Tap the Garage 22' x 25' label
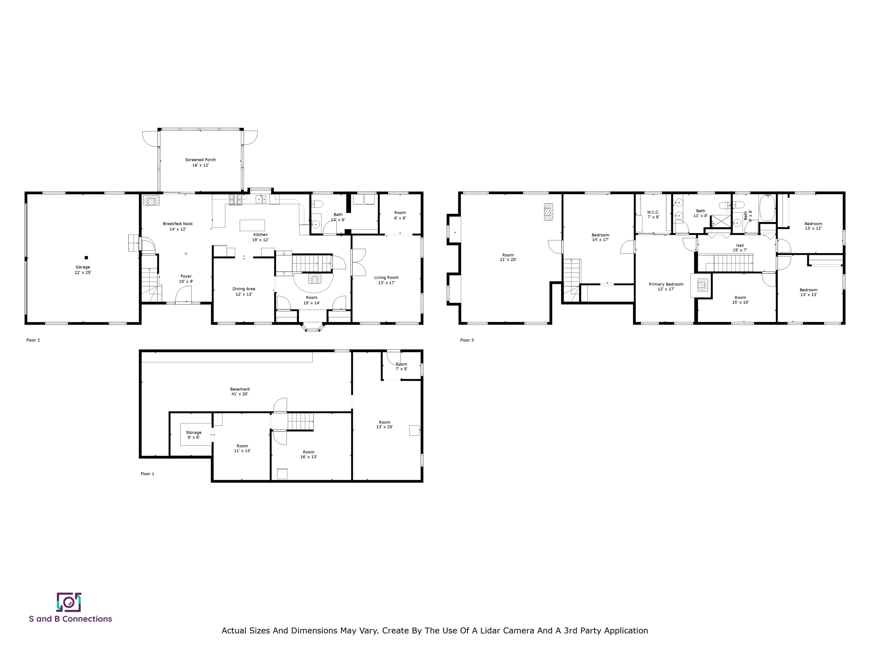tap(83, 270)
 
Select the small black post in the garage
tap(87, 258)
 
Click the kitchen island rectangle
tap(252, 225)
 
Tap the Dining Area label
tap(244, 291)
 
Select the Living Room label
tap(386, 280)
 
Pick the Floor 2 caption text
tap(33, 340)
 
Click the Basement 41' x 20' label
tap(240, 391)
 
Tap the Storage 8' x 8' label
tap(193, 434)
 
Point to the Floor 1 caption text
tap(148, 474)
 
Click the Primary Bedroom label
tap(666, 287)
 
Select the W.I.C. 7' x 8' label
tap(653, 215)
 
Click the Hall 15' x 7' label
tap(740, 248)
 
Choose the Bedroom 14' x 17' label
tap(600, 237)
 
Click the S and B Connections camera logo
tap(69, 602)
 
